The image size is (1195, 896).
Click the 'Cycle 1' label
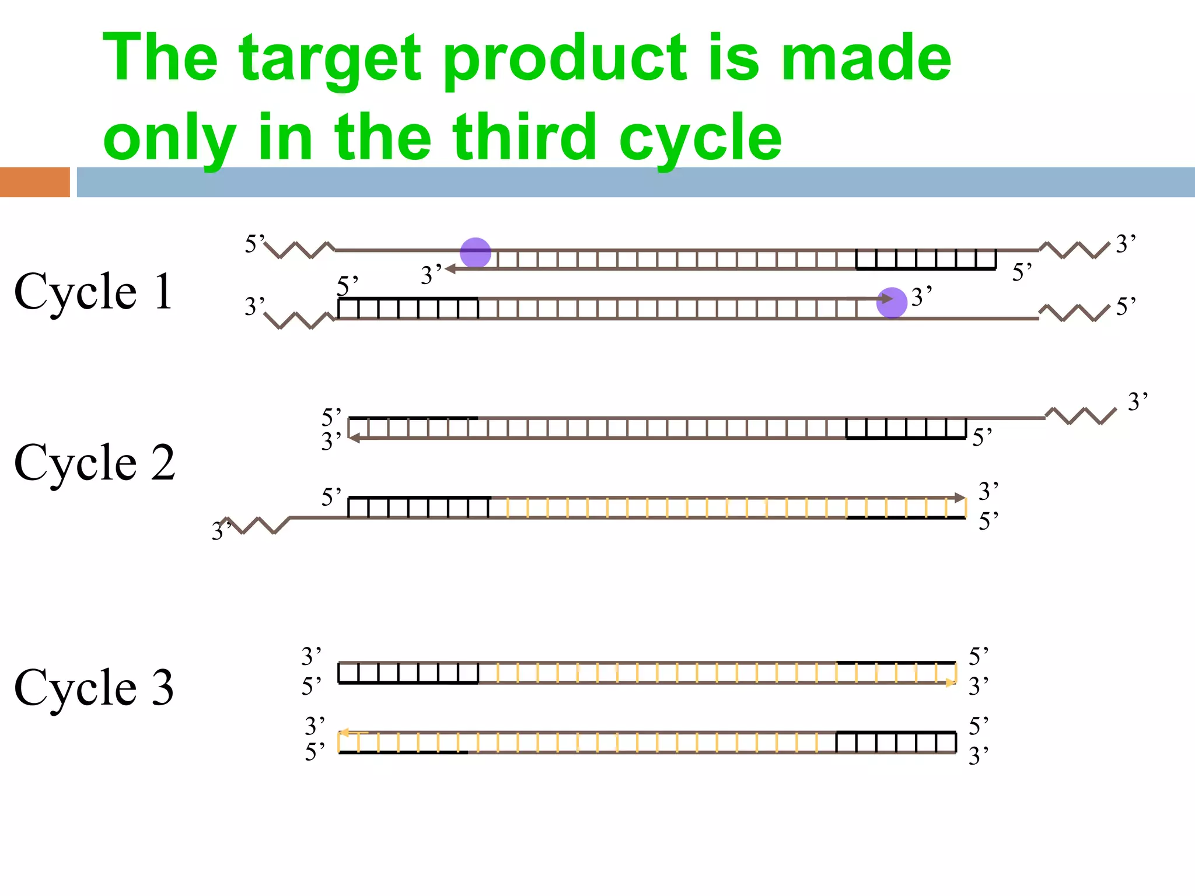click(93, 291)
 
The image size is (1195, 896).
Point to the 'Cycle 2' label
click(94, 462)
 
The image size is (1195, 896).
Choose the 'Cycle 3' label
click(94, 687)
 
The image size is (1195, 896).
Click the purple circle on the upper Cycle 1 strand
click(475, 253)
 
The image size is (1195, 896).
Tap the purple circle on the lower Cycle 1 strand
click(892, 303)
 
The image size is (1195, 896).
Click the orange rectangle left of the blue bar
click(35, 182)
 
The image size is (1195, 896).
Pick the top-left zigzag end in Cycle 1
click(299, 250)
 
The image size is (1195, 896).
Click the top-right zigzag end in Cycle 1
click(1074, 250)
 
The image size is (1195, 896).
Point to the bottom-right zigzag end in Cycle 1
click(1074, 313)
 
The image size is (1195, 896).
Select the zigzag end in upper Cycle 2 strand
click(1081, 416)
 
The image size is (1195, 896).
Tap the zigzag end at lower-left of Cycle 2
click(257, 525)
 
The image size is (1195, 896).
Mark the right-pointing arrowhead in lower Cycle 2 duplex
click(959, 498)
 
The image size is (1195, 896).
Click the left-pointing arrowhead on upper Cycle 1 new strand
click(450, 269)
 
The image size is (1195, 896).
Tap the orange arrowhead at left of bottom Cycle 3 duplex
click(344, 733)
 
